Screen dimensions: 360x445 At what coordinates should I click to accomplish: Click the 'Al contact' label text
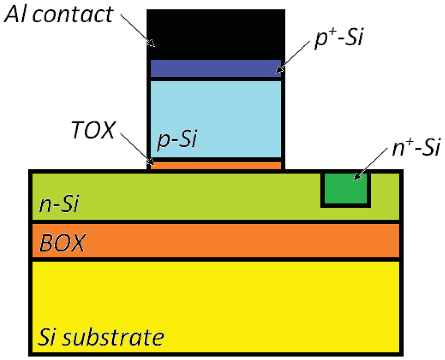(x=59, y=14)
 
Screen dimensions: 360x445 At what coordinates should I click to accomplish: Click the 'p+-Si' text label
(x=339, y=37)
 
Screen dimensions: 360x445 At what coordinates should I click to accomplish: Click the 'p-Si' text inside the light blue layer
(x=177, y=139)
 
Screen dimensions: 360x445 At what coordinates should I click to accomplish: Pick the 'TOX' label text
(x=93, y=130)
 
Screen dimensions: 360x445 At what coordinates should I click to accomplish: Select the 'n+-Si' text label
(x=416, y=147)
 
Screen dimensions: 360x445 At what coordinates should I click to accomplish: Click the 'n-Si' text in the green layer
(x=59, y=204)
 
